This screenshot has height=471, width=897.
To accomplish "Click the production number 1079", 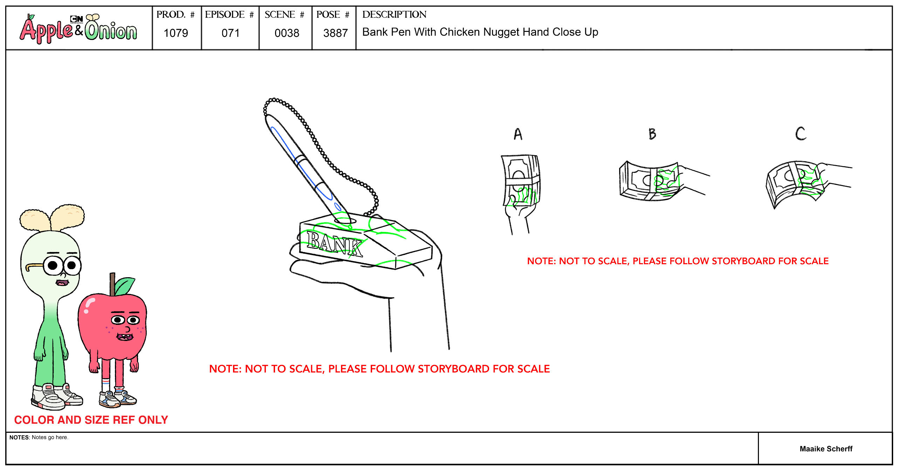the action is [x=176, y=33].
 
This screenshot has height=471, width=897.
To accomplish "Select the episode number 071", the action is [x=231, y=33].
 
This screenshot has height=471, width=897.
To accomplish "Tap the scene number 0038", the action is [x=287, y=33].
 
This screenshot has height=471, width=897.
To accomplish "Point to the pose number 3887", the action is [x=335, y=33].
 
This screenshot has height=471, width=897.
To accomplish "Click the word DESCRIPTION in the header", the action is [x=394, y=14].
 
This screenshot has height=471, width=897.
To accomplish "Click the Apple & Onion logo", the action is [x=78, y=28].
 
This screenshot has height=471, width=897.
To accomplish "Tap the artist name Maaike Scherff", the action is [x=826, y=449].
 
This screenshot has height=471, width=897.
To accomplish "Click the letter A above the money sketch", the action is [x=518, y=134].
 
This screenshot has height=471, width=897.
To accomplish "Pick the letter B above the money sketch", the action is [x=652, y=134].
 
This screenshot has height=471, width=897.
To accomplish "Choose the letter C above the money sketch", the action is [x=801, y=134].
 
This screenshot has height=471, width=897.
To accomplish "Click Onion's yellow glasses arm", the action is [x=34, y=266].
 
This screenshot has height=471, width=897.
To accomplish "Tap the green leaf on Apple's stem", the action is [x=124, y=286].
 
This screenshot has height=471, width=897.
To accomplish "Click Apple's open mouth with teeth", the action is [x=125, y=337].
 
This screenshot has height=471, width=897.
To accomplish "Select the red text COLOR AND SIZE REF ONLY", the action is [x=91, y=420].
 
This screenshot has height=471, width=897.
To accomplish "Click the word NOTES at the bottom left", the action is [x=19, y=437].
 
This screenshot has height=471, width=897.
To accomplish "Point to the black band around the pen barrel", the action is [x=300, y=160].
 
